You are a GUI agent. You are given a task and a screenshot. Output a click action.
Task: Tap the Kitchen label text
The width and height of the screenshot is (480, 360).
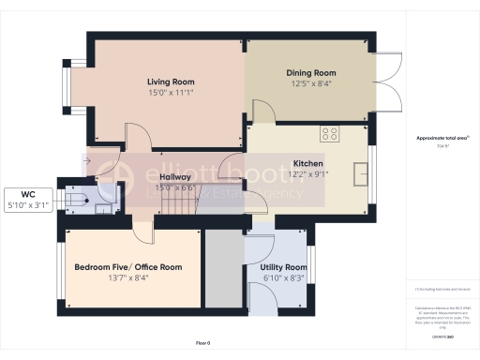307,162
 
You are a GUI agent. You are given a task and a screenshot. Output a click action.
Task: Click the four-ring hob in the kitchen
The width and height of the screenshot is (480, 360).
330,133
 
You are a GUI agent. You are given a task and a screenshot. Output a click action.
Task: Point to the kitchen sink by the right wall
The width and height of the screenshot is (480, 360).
361,173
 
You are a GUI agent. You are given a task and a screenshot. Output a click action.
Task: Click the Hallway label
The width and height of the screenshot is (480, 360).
175,176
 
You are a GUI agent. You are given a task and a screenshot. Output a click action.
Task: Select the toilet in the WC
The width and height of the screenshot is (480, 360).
77,199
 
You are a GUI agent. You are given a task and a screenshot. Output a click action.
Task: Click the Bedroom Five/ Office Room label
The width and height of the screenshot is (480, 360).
128,267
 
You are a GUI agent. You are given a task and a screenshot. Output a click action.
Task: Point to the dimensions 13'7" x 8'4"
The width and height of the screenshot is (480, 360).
128,277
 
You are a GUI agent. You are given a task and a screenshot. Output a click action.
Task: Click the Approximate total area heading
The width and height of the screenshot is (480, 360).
442,138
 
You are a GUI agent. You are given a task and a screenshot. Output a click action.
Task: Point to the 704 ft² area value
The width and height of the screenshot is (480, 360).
442,147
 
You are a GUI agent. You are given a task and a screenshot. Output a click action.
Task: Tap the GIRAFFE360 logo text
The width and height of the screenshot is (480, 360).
442,333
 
